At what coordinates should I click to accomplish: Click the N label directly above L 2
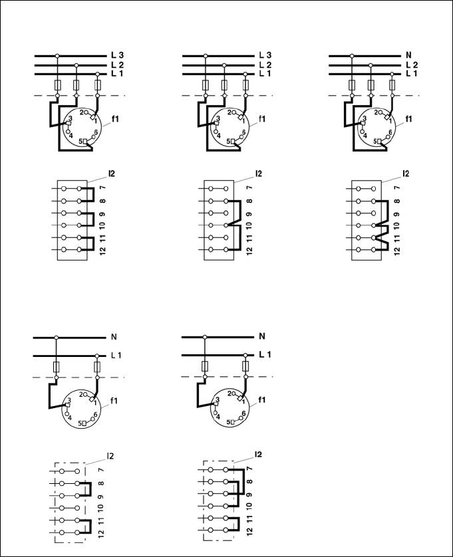408,55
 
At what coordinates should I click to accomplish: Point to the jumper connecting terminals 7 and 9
243,482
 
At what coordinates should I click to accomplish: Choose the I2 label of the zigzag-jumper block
406,173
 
